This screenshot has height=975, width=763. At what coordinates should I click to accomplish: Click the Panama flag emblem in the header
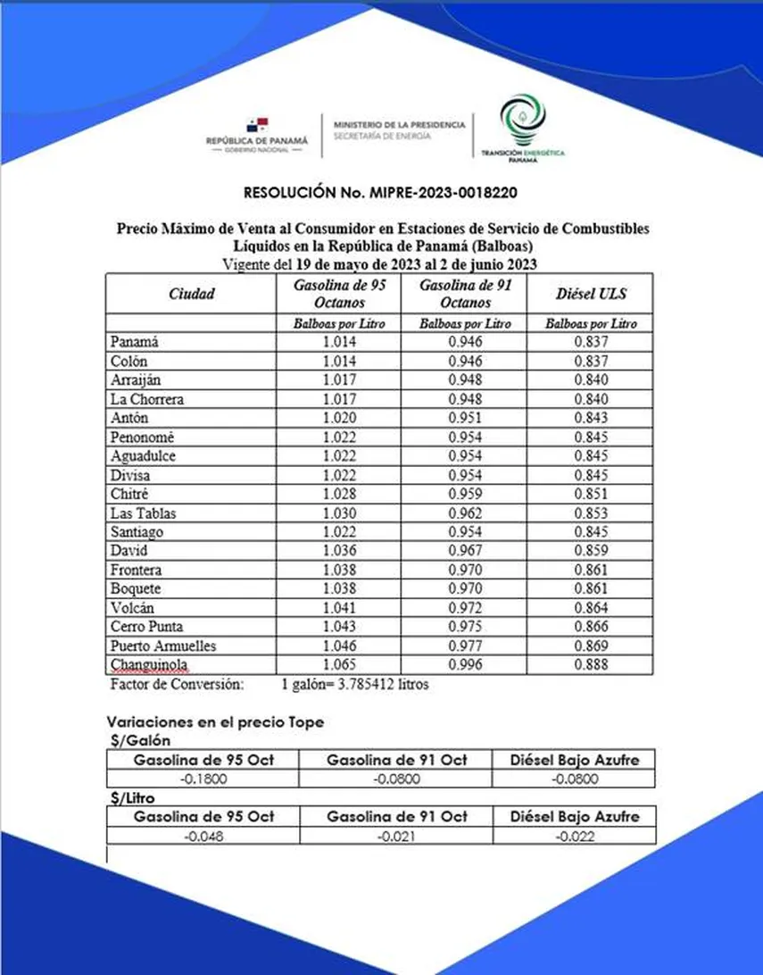tap(257, 125)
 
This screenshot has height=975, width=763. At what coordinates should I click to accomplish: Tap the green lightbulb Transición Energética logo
tap(523, 120)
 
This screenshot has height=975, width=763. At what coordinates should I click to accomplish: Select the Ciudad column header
tap(192, 293)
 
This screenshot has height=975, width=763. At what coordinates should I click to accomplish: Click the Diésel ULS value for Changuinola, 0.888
tap(591, 665)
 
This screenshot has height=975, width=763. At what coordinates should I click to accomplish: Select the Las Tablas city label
tap(144, 512)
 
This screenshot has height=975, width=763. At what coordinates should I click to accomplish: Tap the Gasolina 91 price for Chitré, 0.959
tap(465, 494)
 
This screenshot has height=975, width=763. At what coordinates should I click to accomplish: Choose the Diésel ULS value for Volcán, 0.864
tap(591, 608)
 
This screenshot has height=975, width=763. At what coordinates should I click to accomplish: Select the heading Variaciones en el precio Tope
tap(215, 721)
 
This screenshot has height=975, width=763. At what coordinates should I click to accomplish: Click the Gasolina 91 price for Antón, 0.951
tap(465, 418)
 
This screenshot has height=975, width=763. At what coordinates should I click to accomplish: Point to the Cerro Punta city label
tap(147, 627)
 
